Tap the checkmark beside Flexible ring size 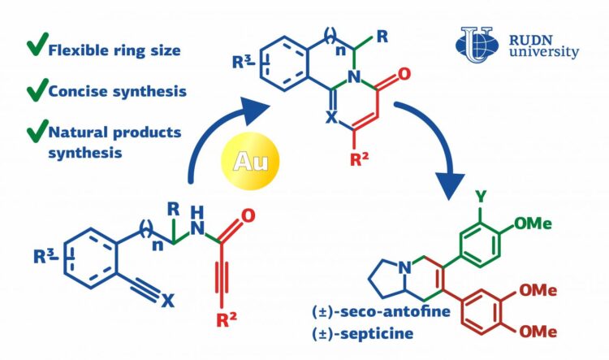click(x=36, y=48)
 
